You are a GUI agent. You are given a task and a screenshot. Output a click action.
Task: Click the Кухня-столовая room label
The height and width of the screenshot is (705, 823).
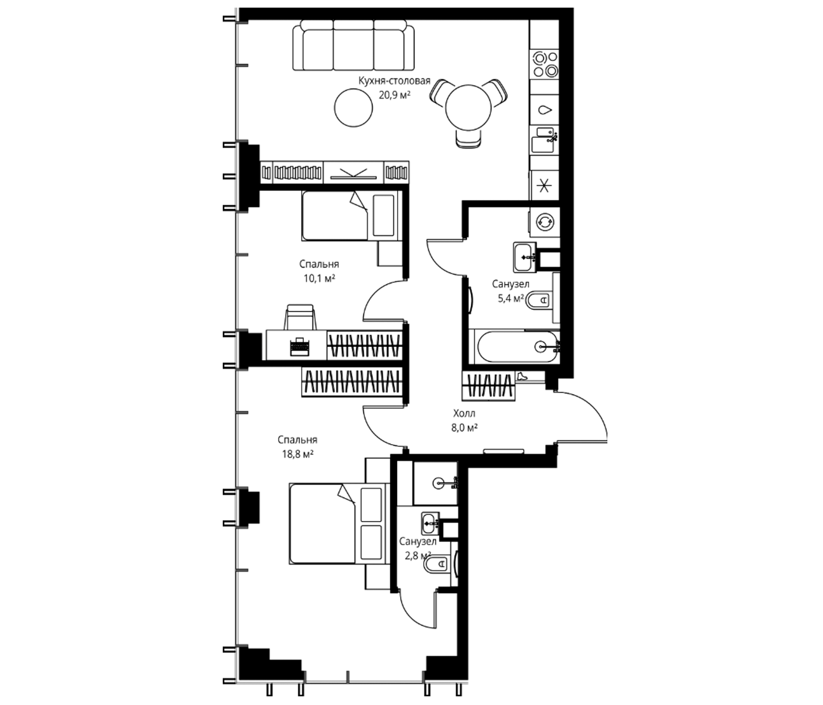pos(394,81)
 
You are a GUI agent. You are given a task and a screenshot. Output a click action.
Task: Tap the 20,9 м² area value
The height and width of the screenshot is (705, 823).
pos(394,96)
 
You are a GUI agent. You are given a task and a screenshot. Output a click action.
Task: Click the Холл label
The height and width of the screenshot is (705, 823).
pos(464,414)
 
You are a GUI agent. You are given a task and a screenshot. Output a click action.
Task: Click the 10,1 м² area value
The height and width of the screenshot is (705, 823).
pos(319,279)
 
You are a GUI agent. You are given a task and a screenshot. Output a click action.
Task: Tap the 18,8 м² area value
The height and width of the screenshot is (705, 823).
pos(297,454)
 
